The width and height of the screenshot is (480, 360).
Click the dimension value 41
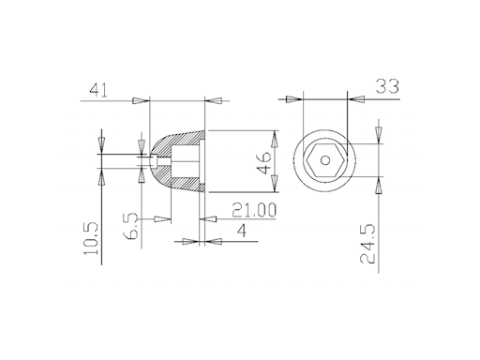point(97,90)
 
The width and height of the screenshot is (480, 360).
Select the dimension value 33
point(384,87)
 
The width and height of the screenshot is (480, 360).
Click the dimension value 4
point(242,231)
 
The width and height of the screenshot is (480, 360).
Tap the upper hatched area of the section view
point(183,140)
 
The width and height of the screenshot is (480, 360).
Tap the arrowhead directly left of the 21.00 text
point(211,219)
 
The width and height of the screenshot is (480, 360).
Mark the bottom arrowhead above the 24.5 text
point(379,185)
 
